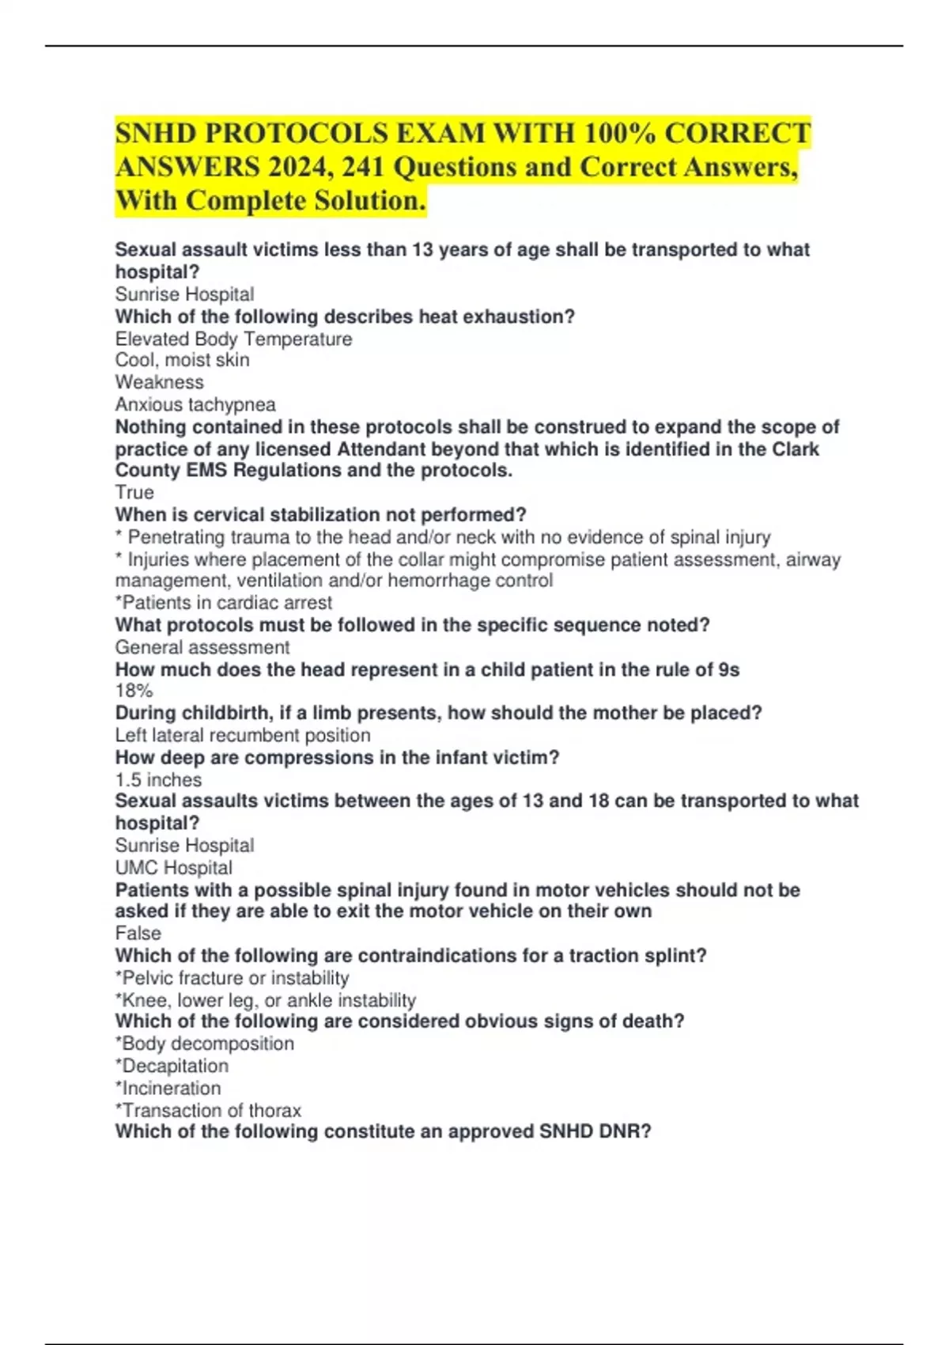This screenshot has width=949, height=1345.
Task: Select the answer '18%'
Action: tap(134, 691)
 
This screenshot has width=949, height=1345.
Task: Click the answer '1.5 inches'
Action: tap(158, 779)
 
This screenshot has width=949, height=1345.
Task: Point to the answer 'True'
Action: tap(134, 492)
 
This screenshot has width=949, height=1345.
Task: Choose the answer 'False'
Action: tap(138, 933)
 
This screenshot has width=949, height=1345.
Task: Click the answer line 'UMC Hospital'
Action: tap(174, 867)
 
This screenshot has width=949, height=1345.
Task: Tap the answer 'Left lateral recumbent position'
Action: tap(243, 735)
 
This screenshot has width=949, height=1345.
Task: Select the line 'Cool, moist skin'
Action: tap(182, 360)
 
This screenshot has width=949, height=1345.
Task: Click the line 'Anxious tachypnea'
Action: tap(195, 404)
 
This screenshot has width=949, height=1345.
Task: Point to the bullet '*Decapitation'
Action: tap(172, 1066)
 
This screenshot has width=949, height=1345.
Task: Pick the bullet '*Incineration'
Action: tap(168, 1088)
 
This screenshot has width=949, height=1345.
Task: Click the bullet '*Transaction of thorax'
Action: tap(208, 1110)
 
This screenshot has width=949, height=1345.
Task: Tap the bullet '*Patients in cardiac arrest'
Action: tap(224, 602)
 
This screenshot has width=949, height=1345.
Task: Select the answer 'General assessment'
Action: tap(202, 647)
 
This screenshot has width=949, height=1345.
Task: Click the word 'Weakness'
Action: tap(159, 382)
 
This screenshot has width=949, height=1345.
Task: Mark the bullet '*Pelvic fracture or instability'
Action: tap(232, 978)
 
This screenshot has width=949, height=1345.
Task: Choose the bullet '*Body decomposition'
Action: tap(204, 1044)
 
